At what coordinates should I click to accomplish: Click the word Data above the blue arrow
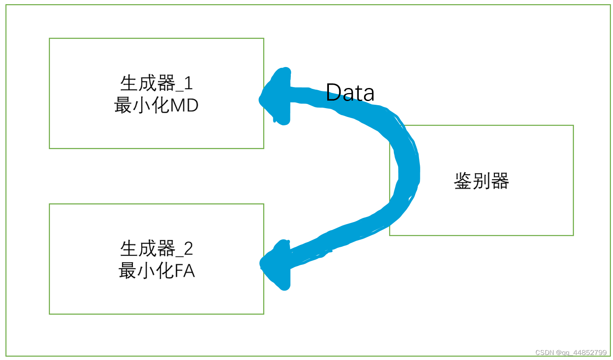point(350,93)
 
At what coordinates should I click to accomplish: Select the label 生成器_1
point(156,83)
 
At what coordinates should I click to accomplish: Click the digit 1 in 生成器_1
point(188,83)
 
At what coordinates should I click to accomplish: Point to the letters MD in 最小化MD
point(184,106)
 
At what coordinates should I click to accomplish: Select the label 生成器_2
point(156,249)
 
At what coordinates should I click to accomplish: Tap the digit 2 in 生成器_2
point(188,249)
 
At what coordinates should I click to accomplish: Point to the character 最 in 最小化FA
point(127,271)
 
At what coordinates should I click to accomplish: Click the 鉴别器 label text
point(481,181)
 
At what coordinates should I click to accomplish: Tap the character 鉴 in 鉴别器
point(463,181)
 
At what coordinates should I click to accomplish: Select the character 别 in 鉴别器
point(481,181)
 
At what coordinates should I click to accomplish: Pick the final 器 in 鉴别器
point(500,181)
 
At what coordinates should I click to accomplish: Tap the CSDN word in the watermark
point(544,352)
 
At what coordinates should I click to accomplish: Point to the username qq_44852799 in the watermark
point(585,352)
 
